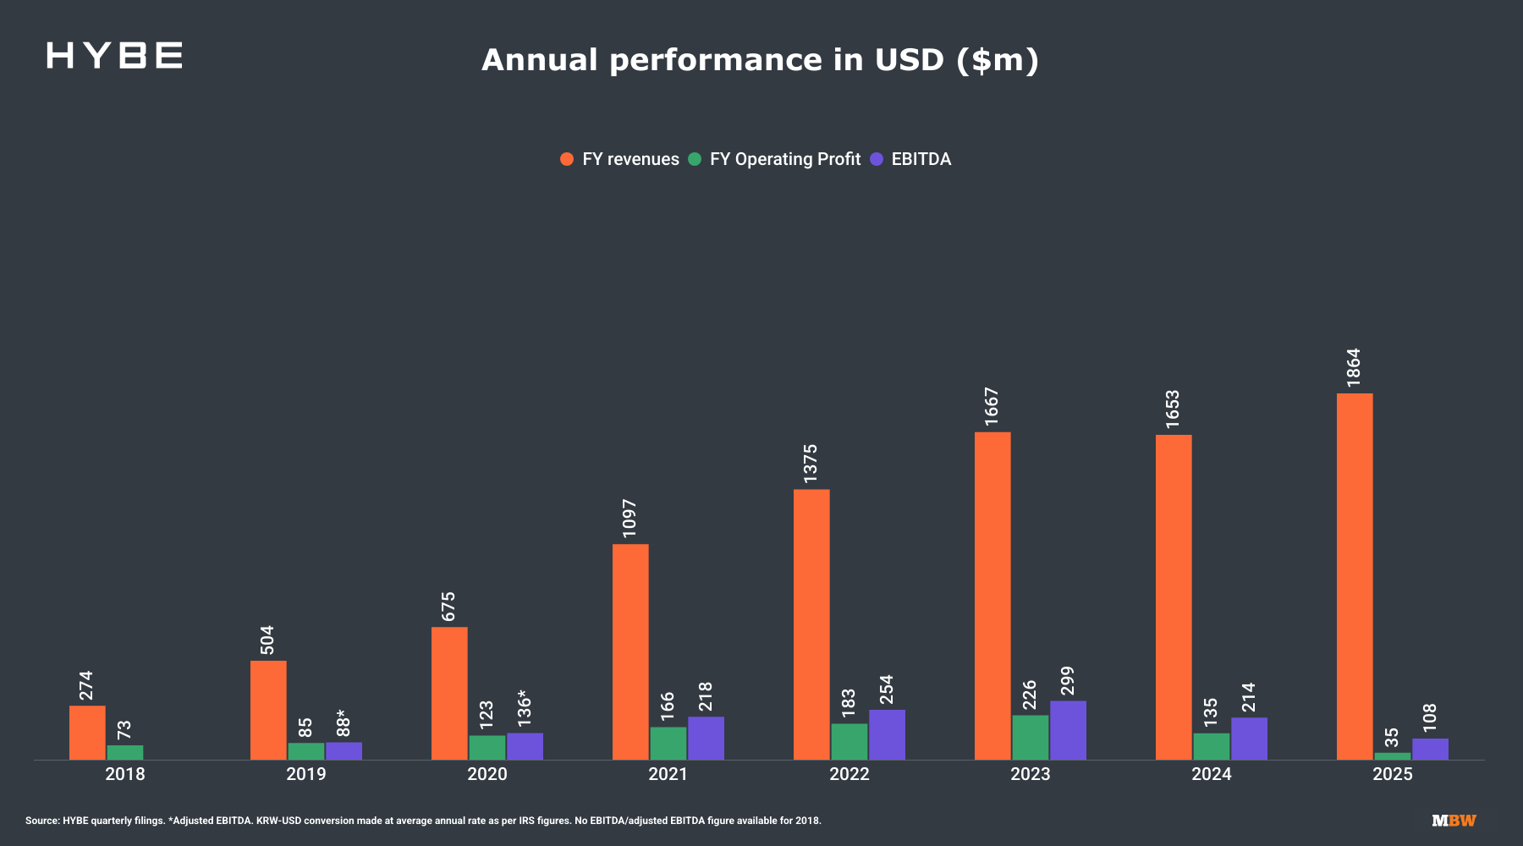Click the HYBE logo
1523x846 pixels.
(114, 56)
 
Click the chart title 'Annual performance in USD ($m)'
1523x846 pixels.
(760, 60)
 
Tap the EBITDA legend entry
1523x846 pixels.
(911, 159)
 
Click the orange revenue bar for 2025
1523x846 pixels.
(1355, 576)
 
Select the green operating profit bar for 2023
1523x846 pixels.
(1030, 738)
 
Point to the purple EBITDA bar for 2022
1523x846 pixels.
(887, 734)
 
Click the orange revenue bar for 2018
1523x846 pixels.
(87, 733)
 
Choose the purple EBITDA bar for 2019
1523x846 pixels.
(344, 751)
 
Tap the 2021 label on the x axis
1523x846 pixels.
(668, 774)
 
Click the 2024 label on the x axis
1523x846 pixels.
(1212, 774)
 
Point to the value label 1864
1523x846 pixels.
(1354, 368)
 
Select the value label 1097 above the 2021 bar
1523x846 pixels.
(630, 518)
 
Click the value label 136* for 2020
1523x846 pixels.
(525, 709)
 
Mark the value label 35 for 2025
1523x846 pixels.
(1392, 738)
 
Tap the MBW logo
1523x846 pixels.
(1454, 821)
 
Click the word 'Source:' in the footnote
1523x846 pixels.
(42, 821)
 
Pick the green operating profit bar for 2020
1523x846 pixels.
(487, 747)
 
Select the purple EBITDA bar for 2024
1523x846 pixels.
(1249, 739)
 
